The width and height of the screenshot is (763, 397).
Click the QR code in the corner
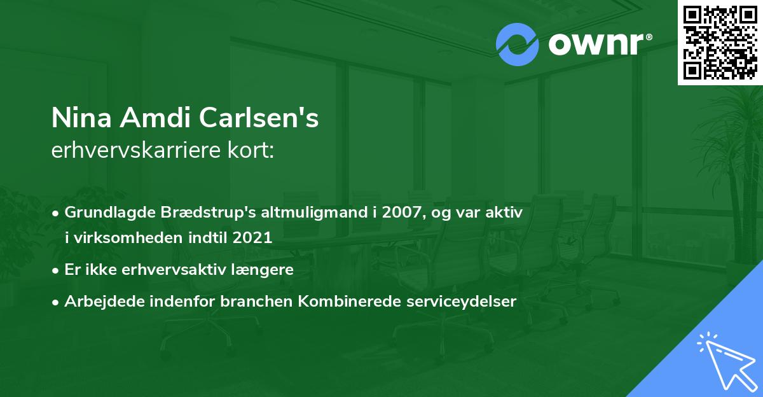point(720,43)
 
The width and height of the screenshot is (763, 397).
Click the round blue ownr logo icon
point(518,44)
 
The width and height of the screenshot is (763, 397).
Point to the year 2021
point(253,239)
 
